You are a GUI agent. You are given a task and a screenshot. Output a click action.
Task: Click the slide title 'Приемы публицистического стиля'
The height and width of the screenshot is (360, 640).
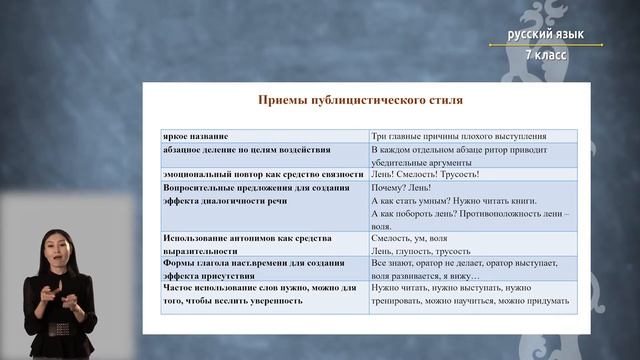pos(361,101)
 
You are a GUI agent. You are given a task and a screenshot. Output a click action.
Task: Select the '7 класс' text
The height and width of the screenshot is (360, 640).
pos(544,54)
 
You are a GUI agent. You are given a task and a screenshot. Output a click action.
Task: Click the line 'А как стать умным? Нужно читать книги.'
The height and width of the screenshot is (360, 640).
pos(454,200)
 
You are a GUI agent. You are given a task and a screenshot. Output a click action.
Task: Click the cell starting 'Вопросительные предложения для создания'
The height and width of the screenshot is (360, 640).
pos(254,193)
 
